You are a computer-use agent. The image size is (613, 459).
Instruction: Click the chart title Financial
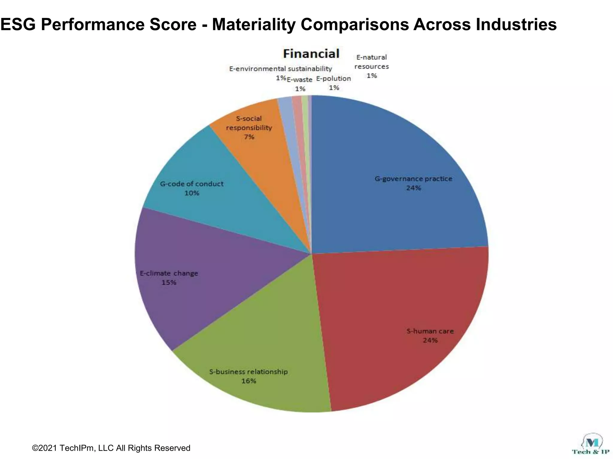(x=311, y=54)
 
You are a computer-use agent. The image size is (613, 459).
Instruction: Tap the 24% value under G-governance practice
(x=413, y=188)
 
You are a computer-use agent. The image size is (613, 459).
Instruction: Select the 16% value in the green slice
(x=248, y=381)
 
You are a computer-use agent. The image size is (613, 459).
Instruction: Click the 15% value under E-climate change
(x=169, y=282)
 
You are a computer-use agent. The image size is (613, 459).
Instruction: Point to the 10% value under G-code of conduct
(x=192, y=193)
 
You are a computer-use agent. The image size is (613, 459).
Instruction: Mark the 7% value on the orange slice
(x=249, y=137)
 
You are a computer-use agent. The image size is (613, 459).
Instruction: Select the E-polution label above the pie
(x=333, y=79)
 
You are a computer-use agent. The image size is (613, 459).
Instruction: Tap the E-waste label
(x=299, y=80)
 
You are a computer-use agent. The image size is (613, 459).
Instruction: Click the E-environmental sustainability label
(x=280, y=69)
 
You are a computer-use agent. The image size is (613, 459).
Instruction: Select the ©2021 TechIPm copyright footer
(x=111, y=448)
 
